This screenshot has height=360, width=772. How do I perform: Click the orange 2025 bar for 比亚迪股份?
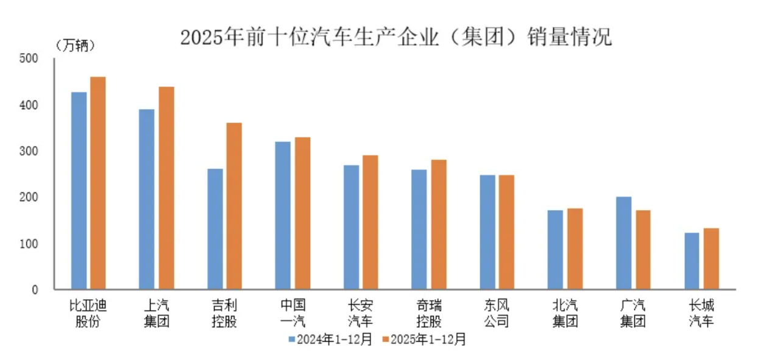(x=97, y=183)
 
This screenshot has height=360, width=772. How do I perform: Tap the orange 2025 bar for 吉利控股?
(x=234, y=206)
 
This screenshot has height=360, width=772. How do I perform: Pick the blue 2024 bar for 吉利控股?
(x=215, y=229)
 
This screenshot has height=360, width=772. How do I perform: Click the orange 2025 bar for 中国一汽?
(x=302, y=213)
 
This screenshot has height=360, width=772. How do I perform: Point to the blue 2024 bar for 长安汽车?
(x=351, y=227)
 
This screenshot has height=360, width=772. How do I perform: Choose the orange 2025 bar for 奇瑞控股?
(x=438, y=224)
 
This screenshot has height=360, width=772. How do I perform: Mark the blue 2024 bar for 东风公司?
(x=487, y=232)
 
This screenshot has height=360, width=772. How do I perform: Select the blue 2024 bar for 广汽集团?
(x=623, y=243)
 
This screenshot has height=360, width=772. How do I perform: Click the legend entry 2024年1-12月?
(x=330, y=339)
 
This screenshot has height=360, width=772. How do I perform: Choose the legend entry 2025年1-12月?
(x=423, y=339)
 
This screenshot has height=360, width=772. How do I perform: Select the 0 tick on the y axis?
(x=35, y=290)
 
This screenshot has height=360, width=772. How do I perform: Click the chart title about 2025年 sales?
(x=395, y=38)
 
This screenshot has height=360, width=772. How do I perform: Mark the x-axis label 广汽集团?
(x=632, y=312)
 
